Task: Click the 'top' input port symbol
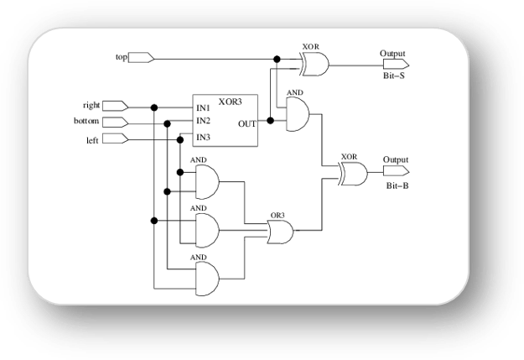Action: point(141,58)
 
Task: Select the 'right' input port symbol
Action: point(116,106)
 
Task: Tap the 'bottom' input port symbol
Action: point(116,123)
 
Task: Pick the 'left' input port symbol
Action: point(116,138)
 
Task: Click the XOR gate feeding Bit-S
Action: point(314,64)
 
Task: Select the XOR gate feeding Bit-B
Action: point(353,174)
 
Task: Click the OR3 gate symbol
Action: point(280,232)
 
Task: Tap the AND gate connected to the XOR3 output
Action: point(298,114)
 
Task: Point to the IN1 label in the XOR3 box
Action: point(203,108)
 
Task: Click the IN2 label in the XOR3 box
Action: point(203,121)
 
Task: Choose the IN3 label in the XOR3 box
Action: point(203,137)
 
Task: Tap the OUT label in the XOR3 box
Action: point(247,124)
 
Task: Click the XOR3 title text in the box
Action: point(230,102)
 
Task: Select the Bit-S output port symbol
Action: point(396,64)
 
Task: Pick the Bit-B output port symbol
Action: point(396,171)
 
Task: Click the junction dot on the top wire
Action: point(277,60)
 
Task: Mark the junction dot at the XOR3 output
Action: point(270,121)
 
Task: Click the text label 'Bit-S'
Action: point(394,76)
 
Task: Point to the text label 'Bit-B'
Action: point(397,185)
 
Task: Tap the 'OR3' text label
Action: point(278,216)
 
